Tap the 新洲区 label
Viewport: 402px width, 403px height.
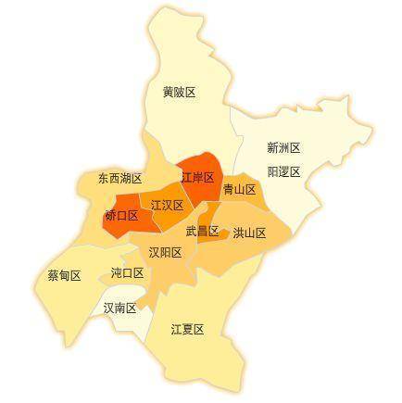pos(283,147)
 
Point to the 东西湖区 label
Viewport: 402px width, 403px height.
pos(119,178)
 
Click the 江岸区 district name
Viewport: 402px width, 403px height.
pos(197,177)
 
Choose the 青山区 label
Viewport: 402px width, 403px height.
pos(239,189)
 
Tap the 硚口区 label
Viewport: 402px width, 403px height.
pos(121,215)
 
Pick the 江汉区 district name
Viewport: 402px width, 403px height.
pos(167,205)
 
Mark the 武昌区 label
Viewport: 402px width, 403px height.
pos(202,231)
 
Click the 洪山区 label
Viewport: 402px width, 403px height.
pos(249,233)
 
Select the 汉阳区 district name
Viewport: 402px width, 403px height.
pos(165,252)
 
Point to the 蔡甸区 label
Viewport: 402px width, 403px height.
pos(64,276)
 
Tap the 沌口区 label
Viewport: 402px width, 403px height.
pos(127,273)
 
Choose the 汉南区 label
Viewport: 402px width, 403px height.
pos(119,308)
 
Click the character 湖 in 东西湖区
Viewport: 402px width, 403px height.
pos(125,178)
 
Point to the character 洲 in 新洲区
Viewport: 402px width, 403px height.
pos(283,147)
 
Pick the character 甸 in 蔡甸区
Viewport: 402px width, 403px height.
pos(64,276)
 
